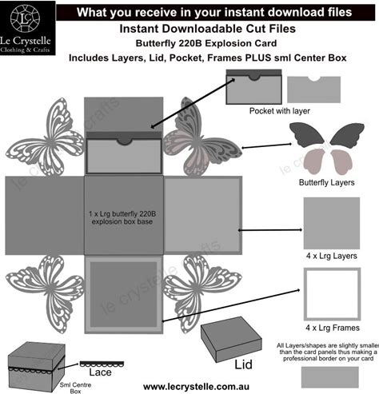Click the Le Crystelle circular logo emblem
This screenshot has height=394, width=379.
click(25, 18)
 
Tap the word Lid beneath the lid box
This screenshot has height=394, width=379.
click(243, 364)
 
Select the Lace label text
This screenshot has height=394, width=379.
click(100, 372)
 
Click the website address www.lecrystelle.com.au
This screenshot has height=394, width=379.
click(196, 387)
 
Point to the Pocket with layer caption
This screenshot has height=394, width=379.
click(280, 111)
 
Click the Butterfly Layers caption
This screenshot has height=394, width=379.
click(327, 182)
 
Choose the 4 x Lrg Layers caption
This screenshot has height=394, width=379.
click(332, 256)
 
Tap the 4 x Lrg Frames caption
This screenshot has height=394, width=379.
click(333, 328)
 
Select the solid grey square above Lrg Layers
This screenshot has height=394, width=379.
click(332, 223)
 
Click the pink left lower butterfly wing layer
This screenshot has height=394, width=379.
click(315, 161)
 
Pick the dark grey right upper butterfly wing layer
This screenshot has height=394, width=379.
click(347, 134)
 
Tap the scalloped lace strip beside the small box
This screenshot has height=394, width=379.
click(102, 364)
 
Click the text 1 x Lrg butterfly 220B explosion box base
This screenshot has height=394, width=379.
click(122, 217)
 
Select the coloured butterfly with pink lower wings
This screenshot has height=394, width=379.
click(202, 137)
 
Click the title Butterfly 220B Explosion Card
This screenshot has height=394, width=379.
click(206, 43)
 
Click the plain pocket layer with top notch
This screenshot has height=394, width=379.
click(313, 90)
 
